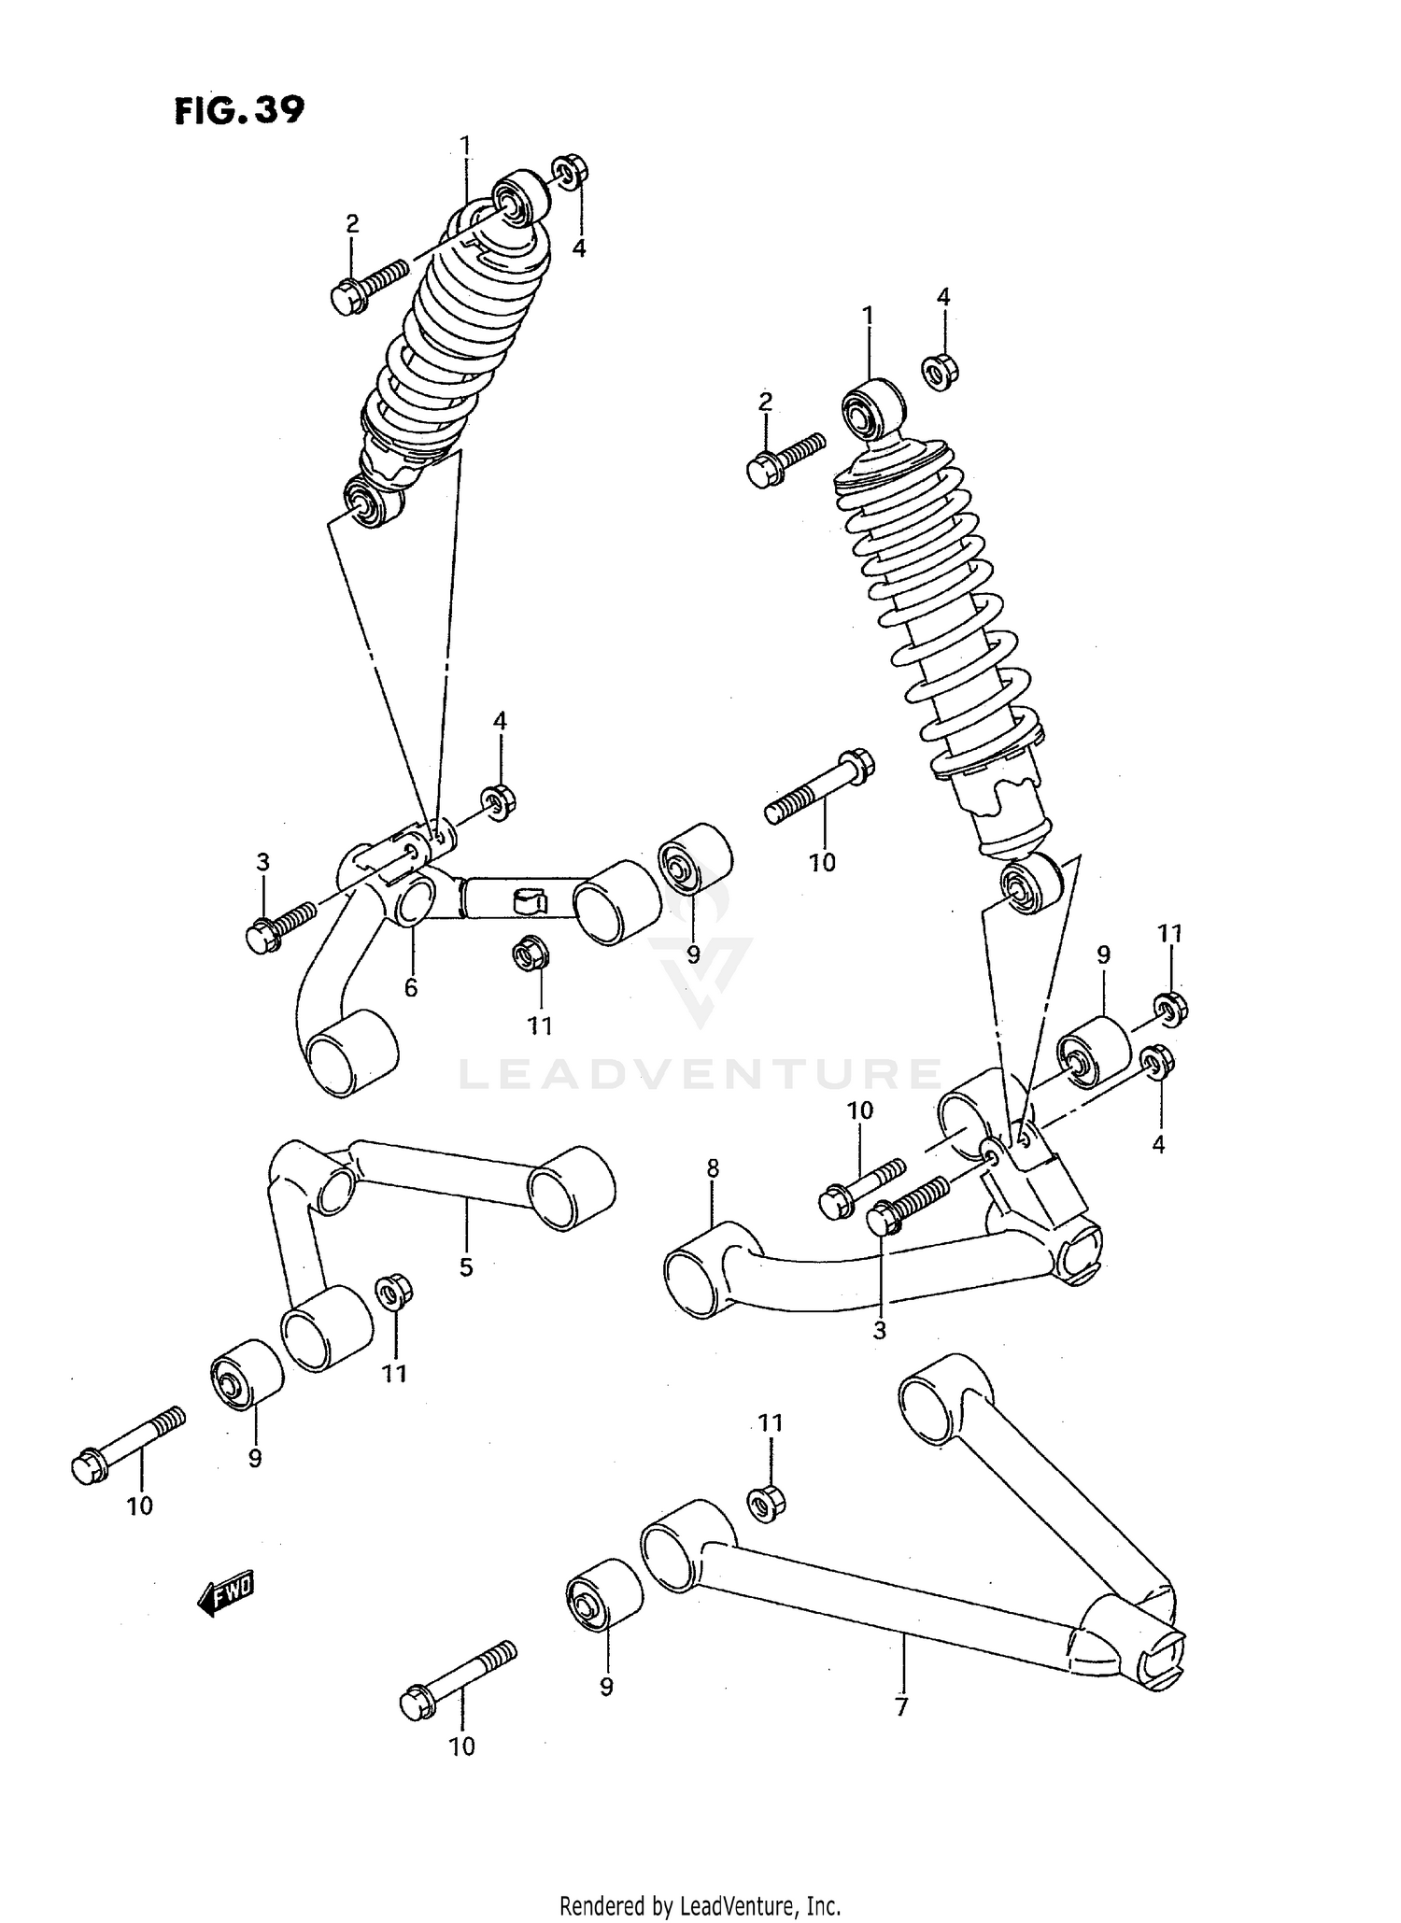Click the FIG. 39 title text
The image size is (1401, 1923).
pos(239,111)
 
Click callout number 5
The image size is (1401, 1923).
pos(466,1267)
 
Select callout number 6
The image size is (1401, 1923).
pos(411,987)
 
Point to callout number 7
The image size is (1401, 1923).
pos(901,1707)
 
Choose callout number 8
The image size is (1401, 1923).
pos(713,1167)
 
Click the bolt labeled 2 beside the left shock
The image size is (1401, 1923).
pos(368,283)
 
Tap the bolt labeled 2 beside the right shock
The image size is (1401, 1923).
pos(785,459)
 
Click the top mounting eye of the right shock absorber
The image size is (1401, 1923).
pos(871,409)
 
